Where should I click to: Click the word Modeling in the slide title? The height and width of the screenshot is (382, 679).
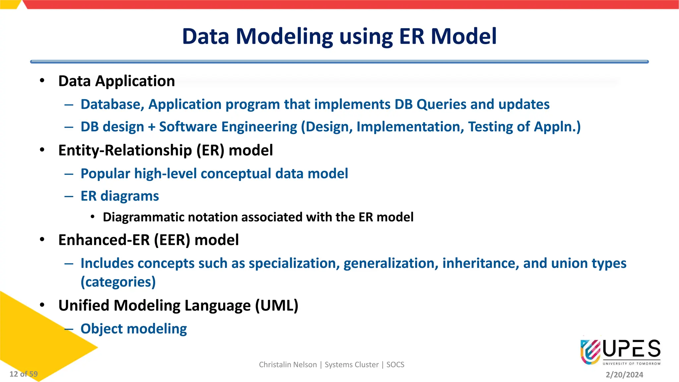point(284,36)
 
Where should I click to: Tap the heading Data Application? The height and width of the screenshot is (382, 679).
point(116,81)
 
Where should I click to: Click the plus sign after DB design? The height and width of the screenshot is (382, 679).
point(152,127)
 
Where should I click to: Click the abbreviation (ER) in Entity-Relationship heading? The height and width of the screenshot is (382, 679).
point(210,151)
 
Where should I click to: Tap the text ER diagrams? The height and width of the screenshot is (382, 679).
point(120,196)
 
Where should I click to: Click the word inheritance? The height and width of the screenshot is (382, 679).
point(480,263)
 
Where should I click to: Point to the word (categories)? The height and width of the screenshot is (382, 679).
point(118,282)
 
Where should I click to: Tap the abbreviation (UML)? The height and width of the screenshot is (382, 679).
point(277,305)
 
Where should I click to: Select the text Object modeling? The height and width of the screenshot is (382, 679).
point(134,329)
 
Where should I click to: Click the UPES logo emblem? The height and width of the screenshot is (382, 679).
point(590,352)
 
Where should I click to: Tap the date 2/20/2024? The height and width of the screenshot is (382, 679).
point(624,375)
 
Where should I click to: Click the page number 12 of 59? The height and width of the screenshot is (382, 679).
point(24,374)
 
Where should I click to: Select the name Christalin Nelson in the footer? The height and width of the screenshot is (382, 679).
point(288,365)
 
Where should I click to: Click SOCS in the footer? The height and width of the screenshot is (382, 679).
point(395,365)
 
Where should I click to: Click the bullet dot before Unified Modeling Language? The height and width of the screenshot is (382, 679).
point(42,305)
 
